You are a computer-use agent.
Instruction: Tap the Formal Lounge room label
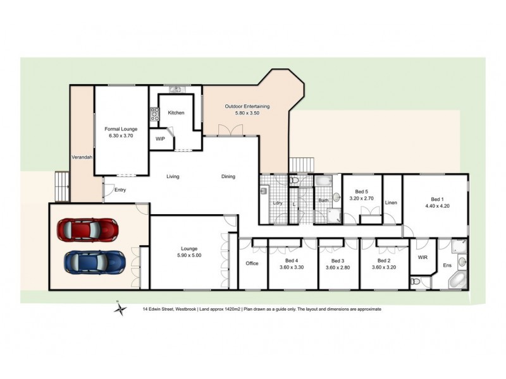click(121, 131)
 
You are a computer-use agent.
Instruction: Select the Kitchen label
click(176, 113)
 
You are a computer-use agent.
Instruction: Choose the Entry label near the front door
click(120, 189)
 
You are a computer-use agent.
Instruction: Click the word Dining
click(228, 177)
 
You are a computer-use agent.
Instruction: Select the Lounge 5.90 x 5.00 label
click(188, 251)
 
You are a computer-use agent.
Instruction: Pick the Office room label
click(252, 263)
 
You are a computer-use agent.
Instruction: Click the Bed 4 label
click(292, 263)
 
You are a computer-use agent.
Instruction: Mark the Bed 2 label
click(384, 263)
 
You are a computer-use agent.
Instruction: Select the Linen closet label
click(390, 203)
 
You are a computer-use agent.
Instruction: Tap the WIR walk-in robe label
click(423, 258)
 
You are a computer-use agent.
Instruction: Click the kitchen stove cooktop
click(154, 114)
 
